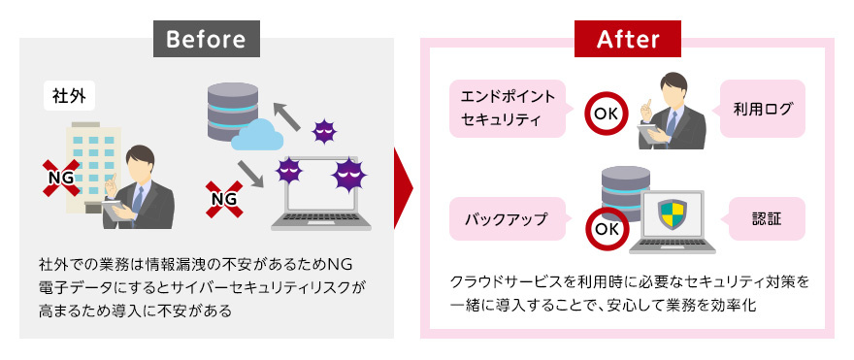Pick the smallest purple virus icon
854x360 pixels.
(323, 131)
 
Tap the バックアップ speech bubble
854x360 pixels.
(507, 219)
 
